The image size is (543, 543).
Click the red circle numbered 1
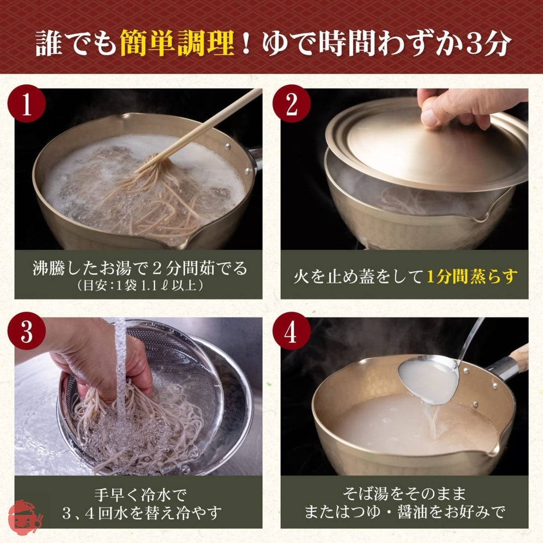tap(27, 104)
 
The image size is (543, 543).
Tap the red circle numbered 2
tap(292, 104)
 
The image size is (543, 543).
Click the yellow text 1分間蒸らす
tap(472, 276)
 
